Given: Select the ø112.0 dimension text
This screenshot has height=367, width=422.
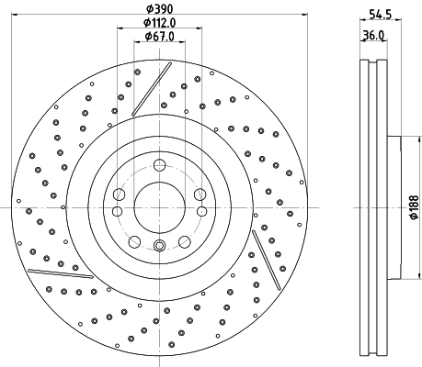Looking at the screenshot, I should click(160, 22).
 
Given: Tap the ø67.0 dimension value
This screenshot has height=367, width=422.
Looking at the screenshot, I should click(160, 36).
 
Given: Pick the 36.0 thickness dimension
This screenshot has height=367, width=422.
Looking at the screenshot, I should click(374, 36).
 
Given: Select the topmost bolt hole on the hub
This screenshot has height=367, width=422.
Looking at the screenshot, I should click(160, 165).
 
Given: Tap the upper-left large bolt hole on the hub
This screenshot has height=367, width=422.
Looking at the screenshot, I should click(120, 195).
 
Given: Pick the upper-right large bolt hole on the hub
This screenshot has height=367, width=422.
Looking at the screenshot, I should click(200, 194).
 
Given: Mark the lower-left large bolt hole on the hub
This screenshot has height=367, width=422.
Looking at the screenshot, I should click(135, 242).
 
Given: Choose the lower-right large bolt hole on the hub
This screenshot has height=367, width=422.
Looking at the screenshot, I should click(185, 242).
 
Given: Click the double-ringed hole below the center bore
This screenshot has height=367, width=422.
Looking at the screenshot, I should click(160, 245).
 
